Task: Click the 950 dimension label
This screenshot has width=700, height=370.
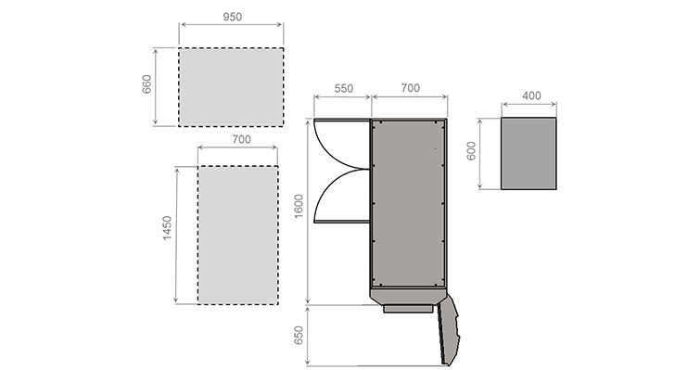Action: point(232,17)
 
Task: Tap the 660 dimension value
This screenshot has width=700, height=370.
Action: point(146,84)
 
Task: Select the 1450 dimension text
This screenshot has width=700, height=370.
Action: point(167,228)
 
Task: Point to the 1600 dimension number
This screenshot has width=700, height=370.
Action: point(299,206)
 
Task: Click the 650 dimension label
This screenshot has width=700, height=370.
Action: point(299,335)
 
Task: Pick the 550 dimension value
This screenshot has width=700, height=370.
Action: point(343,88)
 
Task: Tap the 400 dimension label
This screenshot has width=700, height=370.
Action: point(531,96)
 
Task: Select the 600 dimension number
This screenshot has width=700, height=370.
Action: point(471,151)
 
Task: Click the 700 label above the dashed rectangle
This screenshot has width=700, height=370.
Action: point(241,139)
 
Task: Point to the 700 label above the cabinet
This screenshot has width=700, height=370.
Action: point(411,88)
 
